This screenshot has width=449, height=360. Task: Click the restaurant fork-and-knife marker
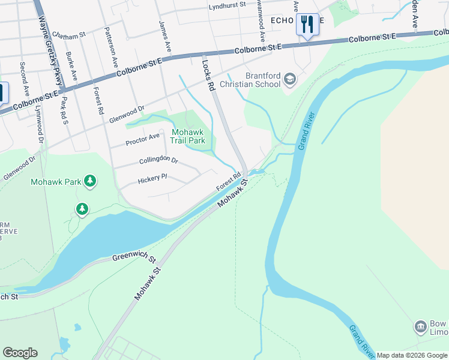tap(307, 25)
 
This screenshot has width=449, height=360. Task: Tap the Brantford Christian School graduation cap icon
tap(291, 79)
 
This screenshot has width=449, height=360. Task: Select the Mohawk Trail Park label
tap(188, 136)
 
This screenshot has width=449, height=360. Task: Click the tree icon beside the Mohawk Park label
tap(89, 181)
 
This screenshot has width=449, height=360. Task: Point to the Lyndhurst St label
tap(228, 5)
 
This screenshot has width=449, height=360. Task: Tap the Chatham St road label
tap(68, 35)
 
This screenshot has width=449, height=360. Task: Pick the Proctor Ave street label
tap(142, 139)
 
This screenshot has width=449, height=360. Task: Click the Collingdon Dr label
tap(158, 161)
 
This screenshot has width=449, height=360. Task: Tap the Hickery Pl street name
tap(152, 179)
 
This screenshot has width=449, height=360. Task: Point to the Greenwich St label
tap(134, 258)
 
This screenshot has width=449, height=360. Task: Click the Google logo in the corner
tap(20, 353)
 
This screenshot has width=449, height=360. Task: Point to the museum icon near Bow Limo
tap(421, 326)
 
